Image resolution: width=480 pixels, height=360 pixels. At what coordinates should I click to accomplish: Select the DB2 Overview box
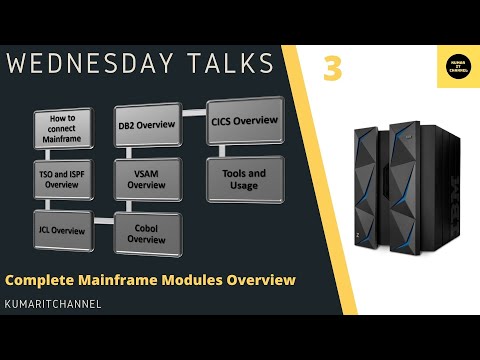coord(147,125)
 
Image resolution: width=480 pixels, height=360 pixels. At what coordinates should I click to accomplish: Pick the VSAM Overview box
coord(147,179)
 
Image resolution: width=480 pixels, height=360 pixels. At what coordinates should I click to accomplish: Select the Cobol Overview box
coord(147,233)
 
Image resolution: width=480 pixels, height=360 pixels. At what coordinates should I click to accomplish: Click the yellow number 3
coord(332,69)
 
